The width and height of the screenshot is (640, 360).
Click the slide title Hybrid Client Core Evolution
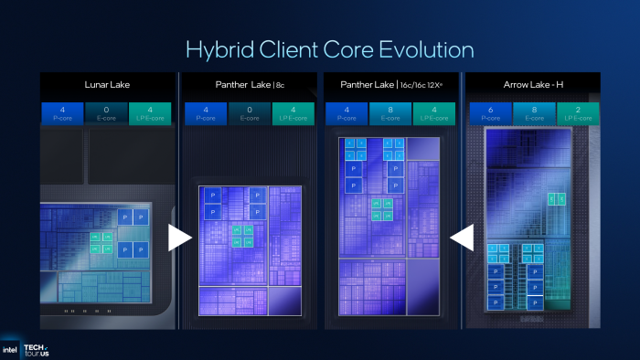(329, 48)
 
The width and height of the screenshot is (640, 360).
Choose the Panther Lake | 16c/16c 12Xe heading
(390, 85)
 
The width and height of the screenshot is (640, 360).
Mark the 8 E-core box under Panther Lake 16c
(390, 113)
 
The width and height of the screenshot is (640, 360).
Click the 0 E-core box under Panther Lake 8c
(249, 113)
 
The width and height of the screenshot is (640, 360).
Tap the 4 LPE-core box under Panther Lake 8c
(293, 113)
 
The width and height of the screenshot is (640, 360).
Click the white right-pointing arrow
(180, 238)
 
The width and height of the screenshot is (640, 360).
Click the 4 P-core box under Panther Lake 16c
(346, 113)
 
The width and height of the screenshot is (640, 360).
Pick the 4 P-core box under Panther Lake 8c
(204, 113)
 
